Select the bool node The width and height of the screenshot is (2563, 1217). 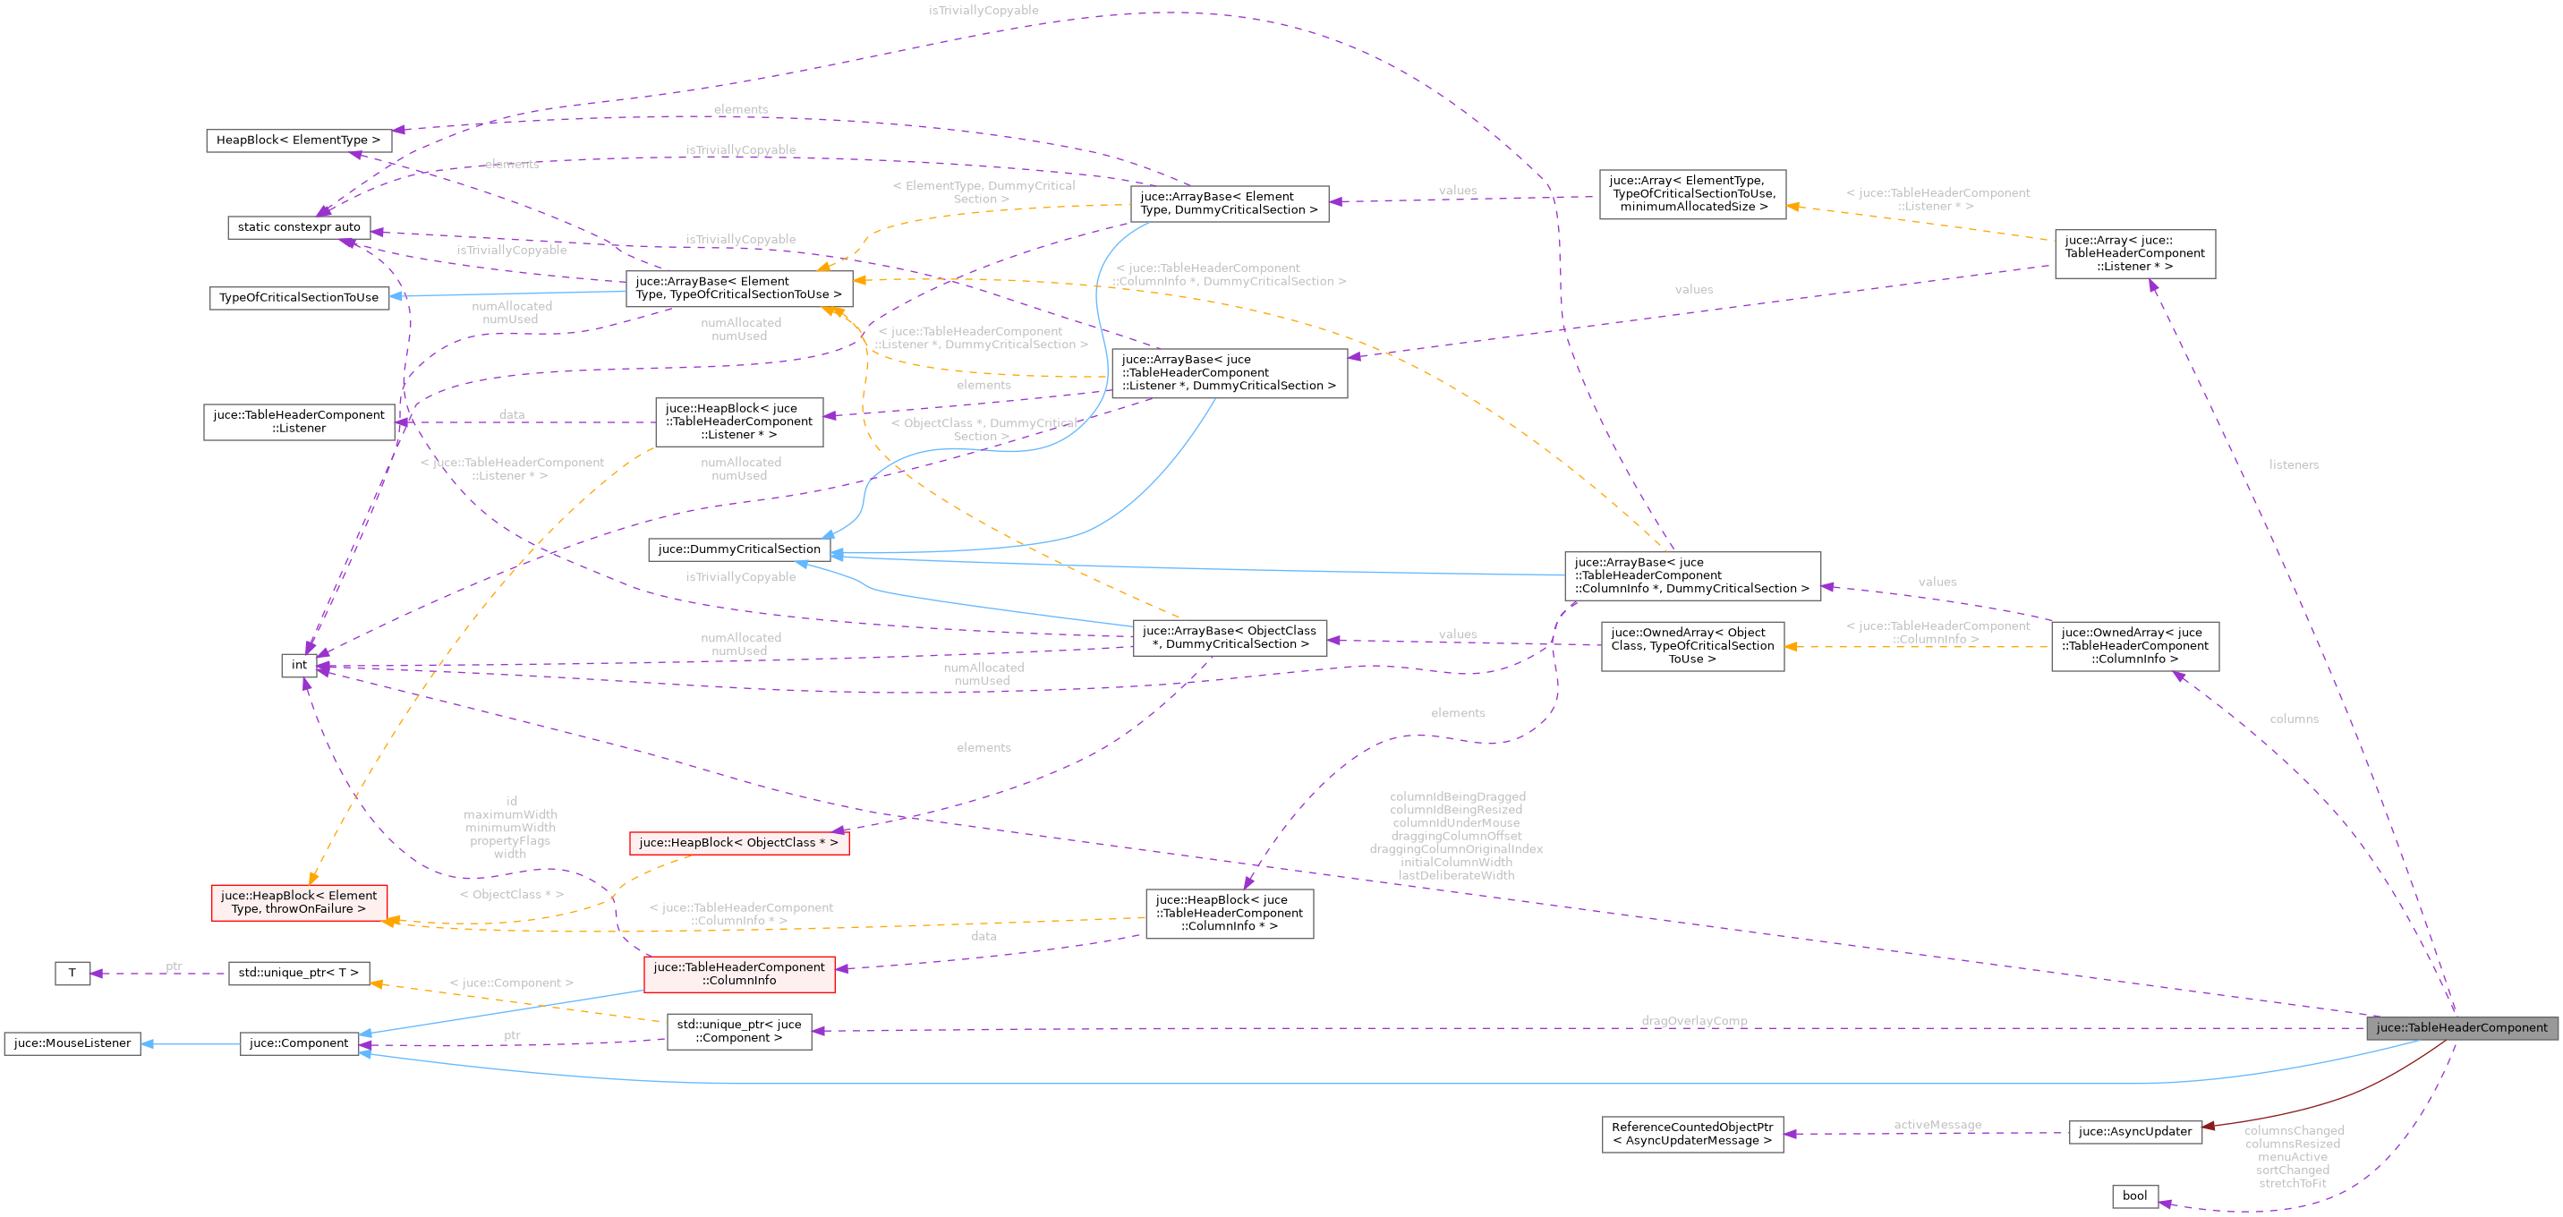point(2134,1196)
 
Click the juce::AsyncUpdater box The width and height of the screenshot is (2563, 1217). point(2134,1131)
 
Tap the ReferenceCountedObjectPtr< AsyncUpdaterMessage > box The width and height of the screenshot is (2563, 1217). point(1691,1134)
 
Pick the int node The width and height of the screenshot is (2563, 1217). point(299,665)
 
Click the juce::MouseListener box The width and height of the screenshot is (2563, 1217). point(72,1043)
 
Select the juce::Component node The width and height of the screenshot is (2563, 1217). point(299,1043)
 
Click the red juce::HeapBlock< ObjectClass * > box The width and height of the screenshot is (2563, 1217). point(738,843)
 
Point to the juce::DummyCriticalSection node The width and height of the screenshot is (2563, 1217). point(739,549)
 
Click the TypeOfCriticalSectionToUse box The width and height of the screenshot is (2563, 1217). point(299,297)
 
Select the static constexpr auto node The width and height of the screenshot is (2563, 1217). point(299,227)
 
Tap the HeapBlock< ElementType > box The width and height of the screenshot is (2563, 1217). point(299,140)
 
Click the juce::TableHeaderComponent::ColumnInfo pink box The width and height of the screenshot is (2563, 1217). point(738,974)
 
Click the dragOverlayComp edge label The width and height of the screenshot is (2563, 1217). point(1693,1021)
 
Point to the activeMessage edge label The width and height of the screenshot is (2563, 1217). point(1937,1125)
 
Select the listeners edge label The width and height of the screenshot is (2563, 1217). point(2294,464)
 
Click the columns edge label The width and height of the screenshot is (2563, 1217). point(2294,719)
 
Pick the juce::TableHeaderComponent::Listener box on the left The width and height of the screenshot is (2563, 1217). point(299,421)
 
